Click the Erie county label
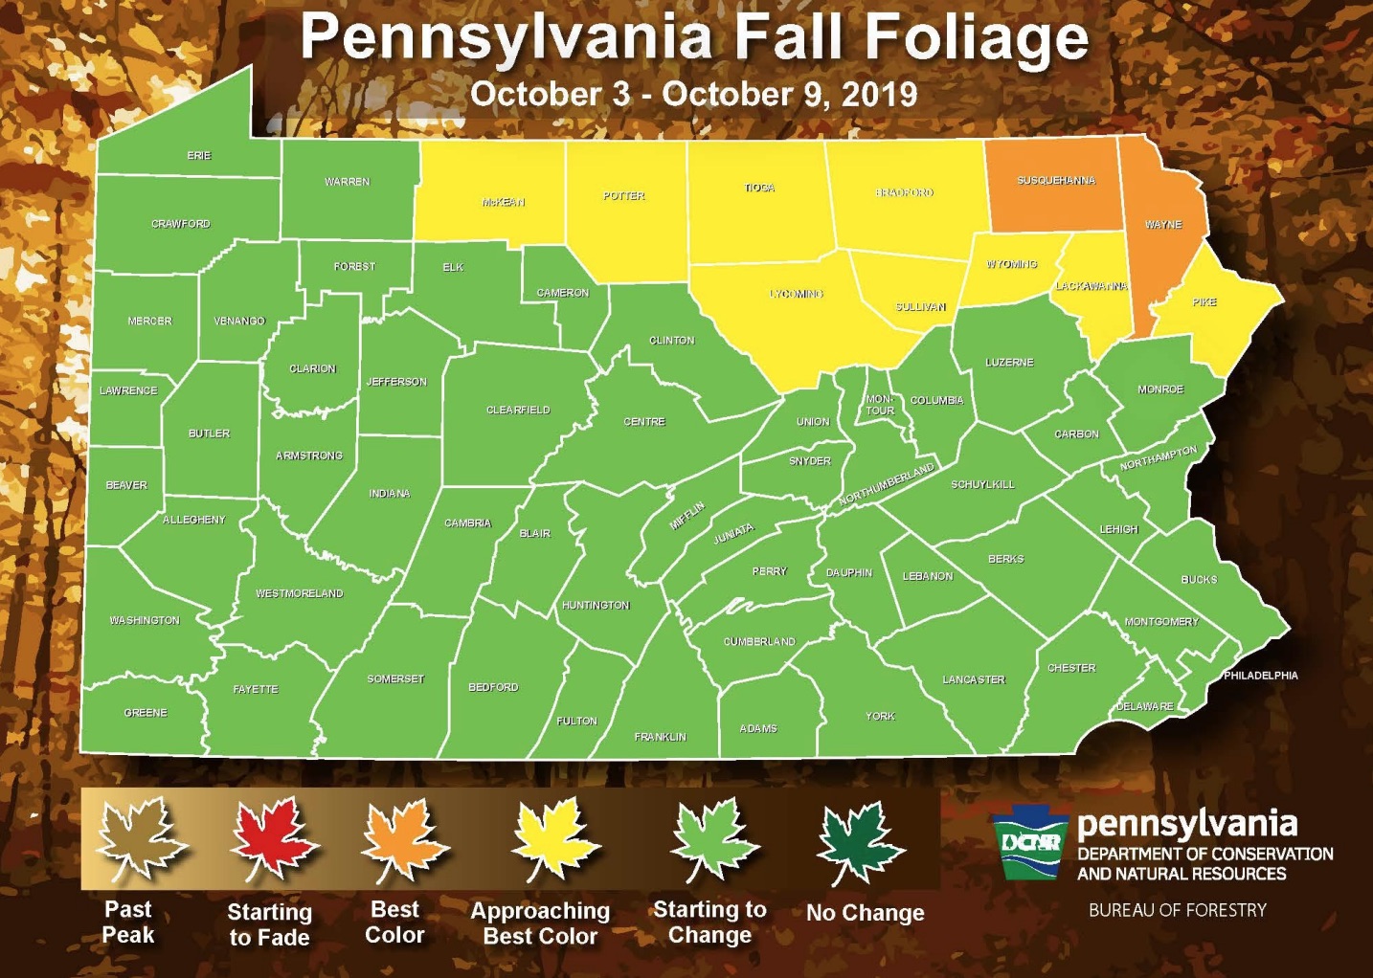(199, 155)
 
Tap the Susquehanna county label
(1055, 180)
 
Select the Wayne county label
(1163, 224)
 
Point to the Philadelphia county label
(1261, 676)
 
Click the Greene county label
(146, 713)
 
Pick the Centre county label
(644, 421)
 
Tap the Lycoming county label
(797, 294)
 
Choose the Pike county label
(1204, 301)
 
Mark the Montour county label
(880, 405)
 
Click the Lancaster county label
(974, 679)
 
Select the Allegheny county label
(194, 520)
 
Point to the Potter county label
(624, 195)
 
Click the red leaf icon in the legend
(271, 840)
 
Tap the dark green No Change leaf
(858, 842)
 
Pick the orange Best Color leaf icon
(402, 840)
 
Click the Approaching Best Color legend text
(540, 923)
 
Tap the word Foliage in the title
(977, 38)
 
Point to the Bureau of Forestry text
(1177, 910)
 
